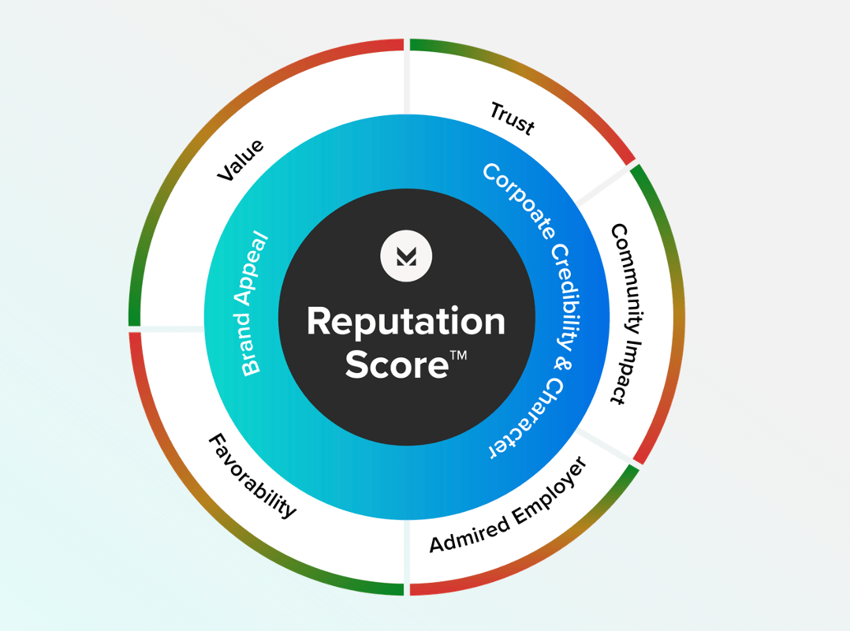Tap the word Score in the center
(x=397, y=366)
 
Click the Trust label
(x=512, y=118)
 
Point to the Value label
(x=240, y=160)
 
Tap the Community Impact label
(x=629, y=313)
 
